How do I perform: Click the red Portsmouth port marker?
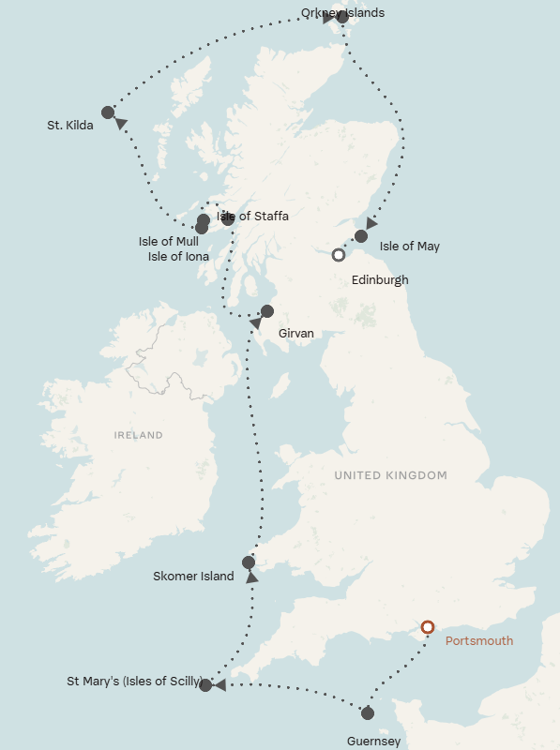(x=428, y=627)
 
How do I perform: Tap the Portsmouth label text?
(x=479, y=641)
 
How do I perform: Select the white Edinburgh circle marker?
(x=339, y=254)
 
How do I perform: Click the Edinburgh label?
(x=379, y=279)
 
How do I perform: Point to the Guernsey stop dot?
(x=368, y=713)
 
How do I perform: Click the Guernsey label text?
(x=372, y=742)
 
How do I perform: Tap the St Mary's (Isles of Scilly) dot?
(x=205, y=685)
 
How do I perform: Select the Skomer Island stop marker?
(x=249, y=562)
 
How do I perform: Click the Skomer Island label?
(x=193, y=577)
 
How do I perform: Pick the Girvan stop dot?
(x=266, y=311)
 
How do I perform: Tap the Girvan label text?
(x=296, y=333)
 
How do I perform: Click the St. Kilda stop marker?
(x=108, y=112)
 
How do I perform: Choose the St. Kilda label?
(x=70, y=125)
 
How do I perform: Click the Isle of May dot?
(x=361, y=236)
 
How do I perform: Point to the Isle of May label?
(x=410, y=247)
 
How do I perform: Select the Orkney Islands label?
(x=342, y=13)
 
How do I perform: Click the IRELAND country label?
(x=138, y=435)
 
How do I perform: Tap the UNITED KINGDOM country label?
(x=390, y=475)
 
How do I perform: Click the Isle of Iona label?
(x=178, y=256)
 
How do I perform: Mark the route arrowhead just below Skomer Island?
(x=252, y=578)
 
